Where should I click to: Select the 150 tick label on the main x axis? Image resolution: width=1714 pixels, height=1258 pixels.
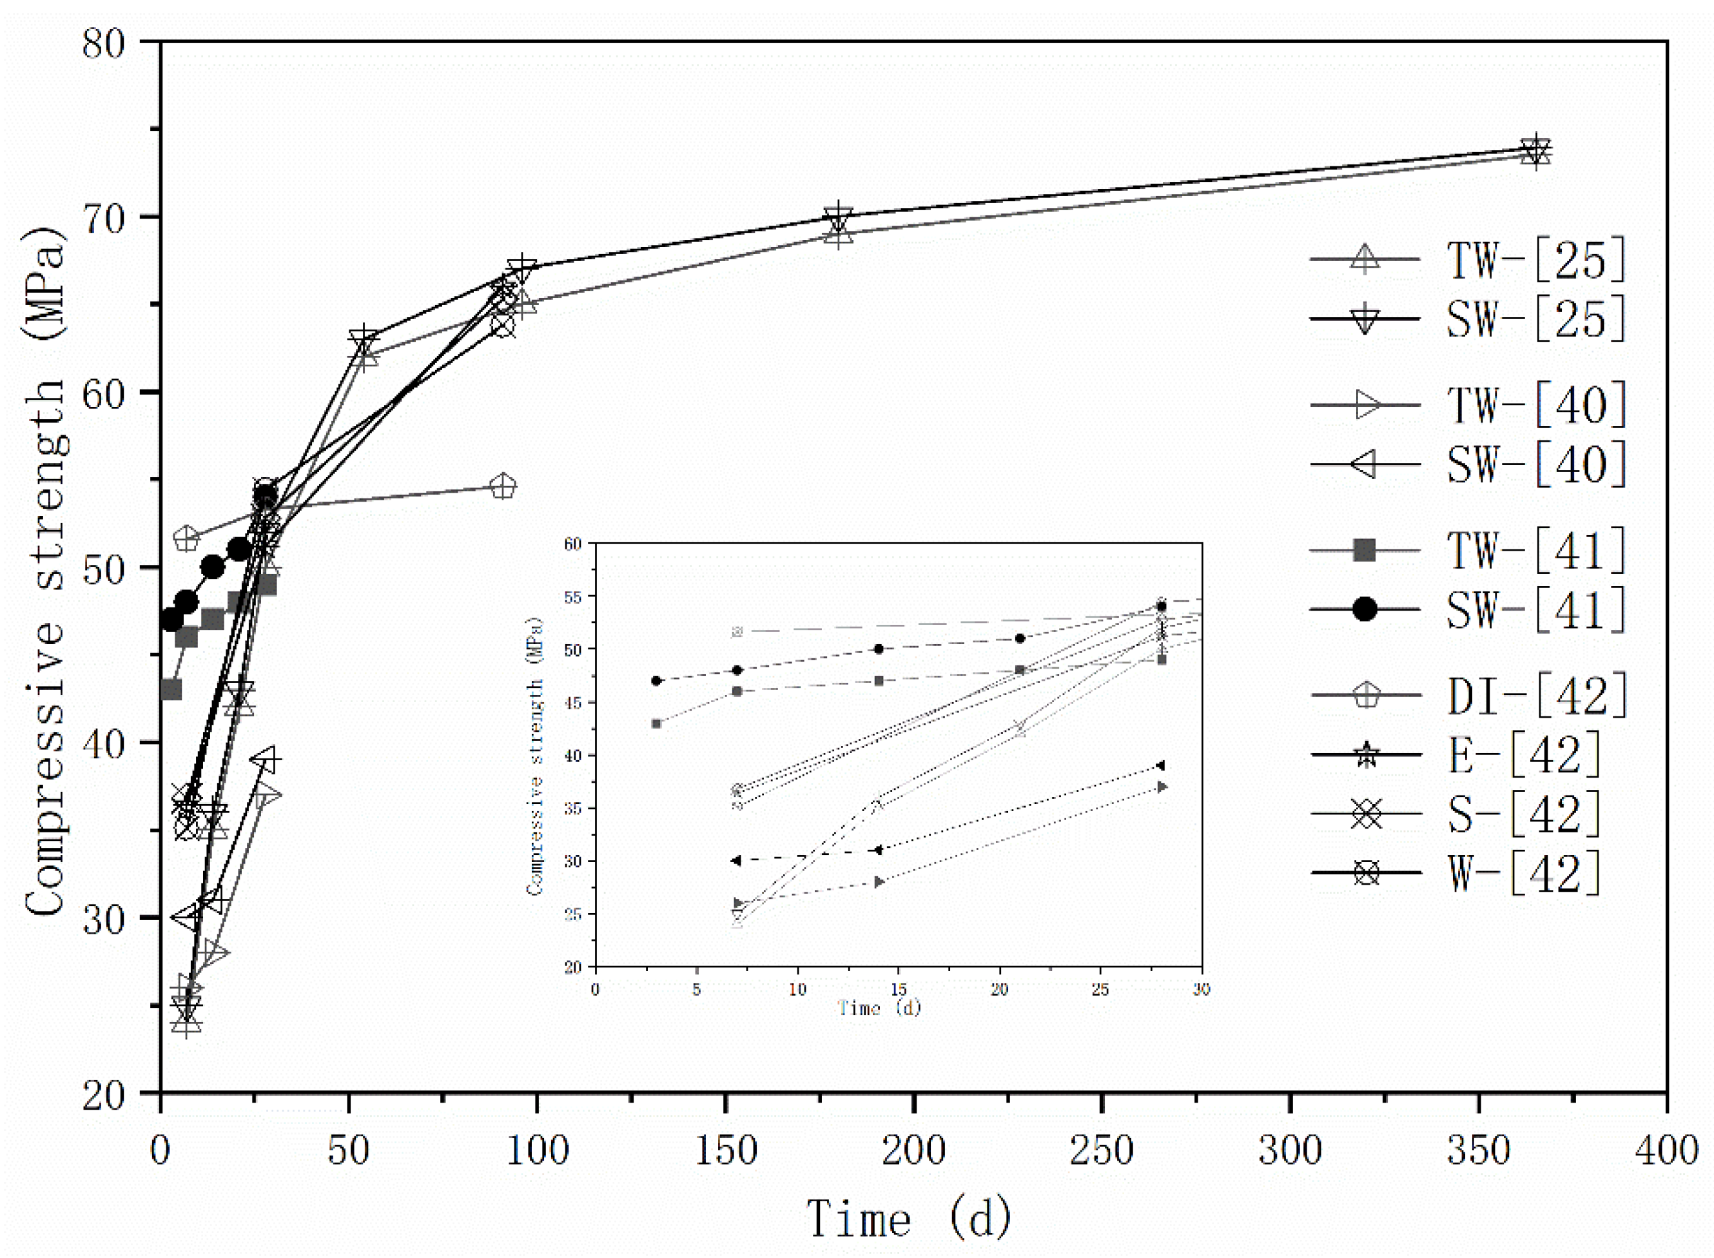click(x=725, y=1150)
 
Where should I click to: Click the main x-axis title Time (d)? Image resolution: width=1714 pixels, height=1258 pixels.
click(x=910, y=1219)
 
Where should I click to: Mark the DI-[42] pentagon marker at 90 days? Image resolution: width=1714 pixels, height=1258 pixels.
click(x=503, y=487)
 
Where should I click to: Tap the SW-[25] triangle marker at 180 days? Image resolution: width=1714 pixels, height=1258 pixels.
click(x=837, y=219)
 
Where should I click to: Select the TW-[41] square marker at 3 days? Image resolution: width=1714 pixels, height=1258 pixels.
click(x=171, y=690)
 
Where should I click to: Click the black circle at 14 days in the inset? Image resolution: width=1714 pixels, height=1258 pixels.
click(x=879, y=649)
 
